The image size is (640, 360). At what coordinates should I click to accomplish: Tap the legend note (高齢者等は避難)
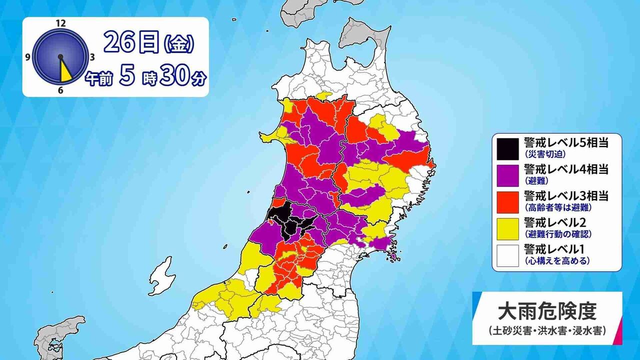(556, 207)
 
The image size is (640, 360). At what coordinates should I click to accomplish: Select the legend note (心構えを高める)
(556, 260)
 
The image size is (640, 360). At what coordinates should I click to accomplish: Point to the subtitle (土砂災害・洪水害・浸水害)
(547, 330)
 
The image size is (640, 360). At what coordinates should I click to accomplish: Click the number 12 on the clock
(61, 23)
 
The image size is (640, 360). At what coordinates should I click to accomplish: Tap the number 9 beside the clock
(27, 57)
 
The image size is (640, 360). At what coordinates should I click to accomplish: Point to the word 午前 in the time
(98, 79)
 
